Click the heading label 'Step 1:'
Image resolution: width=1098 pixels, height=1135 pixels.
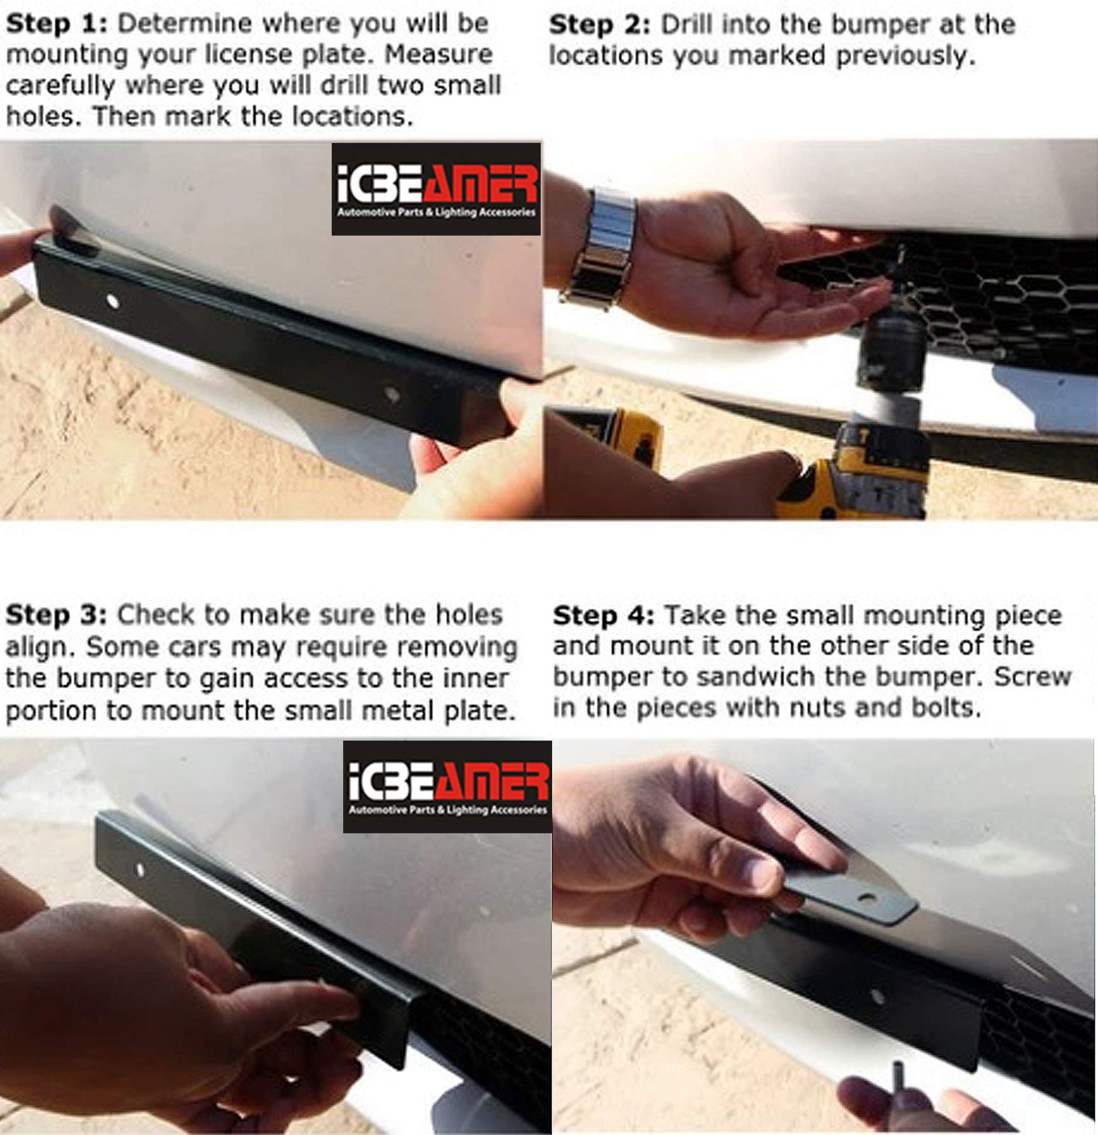[x=56, y=24]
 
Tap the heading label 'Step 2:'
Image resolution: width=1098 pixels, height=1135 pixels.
[x=599, y=25]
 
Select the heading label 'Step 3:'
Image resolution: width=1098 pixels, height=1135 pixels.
[x=56, y=615]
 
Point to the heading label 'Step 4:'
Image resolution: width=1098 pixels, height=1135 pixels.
[x=603, y=615]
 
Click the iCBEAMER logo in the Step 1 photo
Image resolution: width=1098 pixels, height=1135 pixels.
[x=436, y=189]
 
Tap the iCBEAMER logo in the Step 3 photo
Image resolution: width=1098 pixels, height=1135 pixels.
[x=447, y=786]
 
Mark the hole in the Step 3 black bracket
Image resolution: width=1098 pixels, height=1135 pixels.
[x=140, y=869]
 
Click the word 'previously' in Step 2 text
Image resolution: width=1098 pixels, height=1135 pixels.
[x=903, y=57]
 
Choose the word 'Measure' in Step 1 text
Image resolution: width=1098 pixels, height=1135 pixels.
[x=438, y=55]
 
